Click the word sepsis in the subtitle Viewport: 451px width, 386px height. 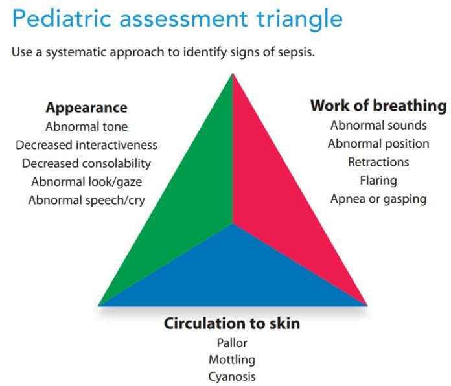tap(295, 52)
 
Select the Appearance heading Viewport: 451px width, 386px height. tap(86, 108)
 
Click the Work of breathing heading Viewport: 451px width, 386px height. tap(378, 106)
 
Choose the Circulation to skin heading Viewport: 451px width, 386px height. tap(232, 323)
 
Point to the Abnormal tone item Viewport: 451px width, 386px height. tap(86, 127)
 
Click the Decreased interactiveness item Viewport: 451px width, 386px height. tap(86, 145)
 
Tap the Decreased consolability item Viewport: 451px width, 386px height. tap(86, 163)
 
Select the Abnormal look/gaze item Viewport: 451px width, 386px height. tap(86, 181)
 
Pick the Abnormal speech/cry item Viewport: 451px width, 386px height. tap(86, 200)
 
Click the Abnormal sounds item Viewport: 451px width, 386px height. tap(378, 125)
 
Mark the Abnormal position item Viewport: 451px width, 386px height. tap(378, 144)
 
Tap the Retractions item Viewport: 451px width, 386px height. tap(378, 162)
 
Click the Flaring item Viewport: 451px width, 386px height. tap(378, 180)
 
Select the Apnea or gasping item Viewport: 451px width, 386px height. tap(378, 199)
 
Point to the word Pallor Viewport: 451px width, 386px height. tap(232, 343)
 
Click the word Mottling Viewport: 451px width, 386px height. tap(232, 359)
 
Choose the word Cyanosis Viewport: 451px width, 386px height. tap(232, 376)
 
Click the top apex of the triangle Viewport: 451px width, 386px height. tap(233, 75)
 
